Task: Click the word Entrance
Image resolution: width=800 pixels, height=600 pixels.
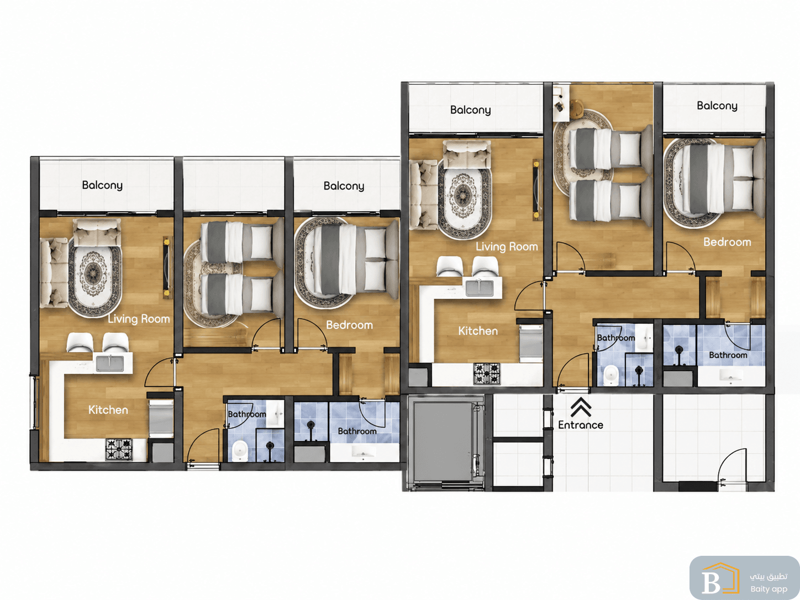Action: coord(580,425)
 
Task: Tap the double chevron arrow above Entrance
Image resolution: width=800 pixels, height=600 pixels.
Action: coord(581,407)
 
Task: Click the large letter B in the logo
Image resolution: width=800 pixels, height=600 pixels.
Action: coord(710,581)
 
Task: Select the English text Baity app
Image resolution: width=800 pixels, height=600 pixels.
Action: coord(769,589)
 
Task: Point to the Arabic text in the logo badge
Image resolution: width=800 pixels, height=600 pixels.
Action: coord(769,576)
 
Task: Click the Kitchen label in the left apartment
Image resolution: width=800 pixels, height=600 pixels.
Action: coord(108,410)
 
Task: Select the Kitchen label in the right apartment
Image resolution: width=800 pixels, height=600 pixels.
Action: coord(478,331)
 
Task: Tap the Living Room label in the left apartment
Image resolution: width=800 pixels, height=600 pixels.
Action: coord(139,319)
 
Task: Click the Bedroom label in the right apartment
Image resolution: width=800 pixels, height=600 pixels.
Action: coord(727,242)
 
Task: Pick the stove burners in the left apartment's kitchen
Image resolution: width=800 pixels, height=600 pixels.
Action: coord(119,449)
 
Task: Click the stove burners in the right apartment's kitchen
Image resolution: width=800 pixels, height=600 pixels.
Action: coord(487,374)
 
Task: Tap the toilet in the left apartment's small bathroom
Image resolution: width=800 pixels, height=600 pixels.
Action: coord(239,451)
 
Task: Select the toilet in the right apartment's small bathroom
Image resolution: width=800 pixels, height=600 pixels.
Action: coord(611,375)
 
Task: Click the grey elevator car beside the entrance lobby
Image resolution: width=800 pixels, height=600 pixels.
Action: coord(443,441)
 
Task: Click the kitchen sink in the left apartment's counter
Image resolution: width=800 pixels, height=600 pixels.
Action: coord(110,363)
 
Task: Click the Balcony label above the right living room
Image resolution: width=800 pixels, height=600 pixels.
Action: coord(471,110)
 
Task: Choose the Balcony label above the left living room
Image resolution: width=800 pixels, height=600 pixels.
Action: coord(102,186)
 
